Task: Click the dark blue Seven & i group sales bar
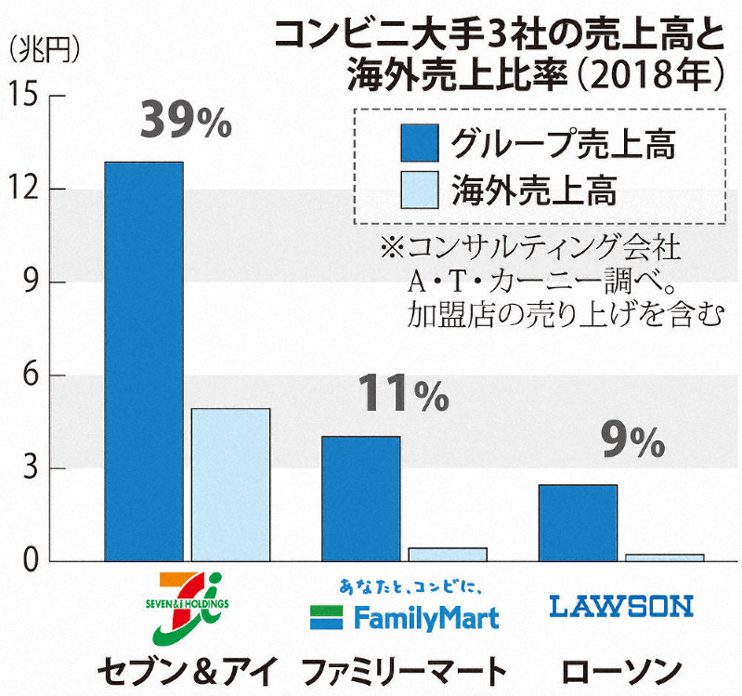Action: point(143,362)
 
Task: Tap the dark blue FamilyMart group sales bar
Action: point(360,499)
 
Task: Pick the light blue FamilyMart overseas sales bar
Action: point(448,555)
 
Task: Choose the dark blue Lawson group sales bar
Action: point(578,523)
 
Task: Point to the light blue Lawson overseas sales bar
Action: point(664,558)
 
